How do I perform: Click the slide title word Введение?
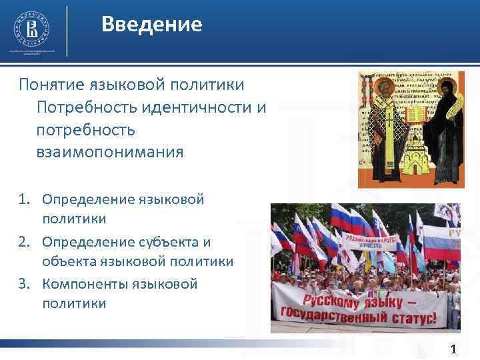pos(151,25)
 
